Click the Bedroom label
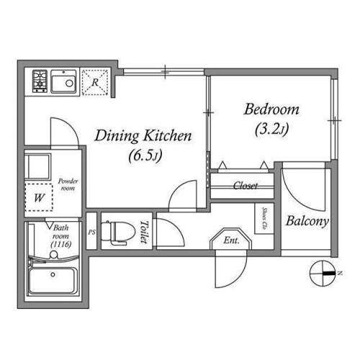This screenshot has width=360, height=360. [x=271, y=110]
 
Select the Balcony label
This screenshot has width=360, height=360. [x=307, y=221]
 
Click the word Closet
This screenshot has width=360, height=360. [x=246, y=186]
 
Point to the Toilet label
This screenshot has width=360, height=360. [x=144, y=233]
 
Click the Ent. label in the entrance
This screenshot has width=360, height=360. [x=232, y=240]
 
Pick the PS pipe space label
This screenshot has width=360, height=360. [x=91, y=233]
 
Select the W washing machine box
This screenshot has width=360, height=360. [x=38, y=196]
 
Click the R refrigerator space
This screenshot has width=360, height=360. [x=95, y=82]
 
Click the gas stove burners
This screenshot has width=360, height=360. [x=39, y=83]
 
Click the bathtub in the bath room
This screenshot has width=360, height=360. [x=53, y=279]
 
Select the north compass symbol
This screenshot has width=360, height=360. [x=321, y=274]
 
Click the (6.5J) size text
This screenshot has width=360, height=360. [x=144, y=155]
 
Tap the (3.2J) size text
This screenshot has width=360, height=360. [x=271, y=130]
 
